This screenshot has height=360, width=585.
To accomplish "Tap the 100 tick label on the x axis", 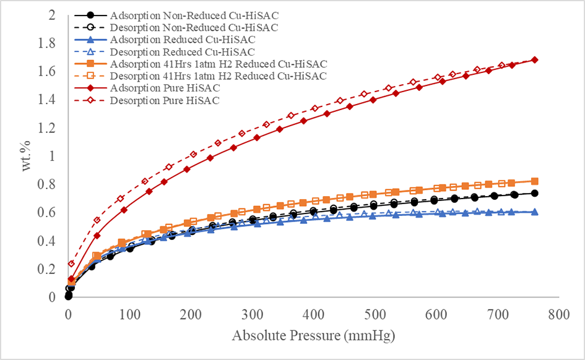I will tap(129, 314).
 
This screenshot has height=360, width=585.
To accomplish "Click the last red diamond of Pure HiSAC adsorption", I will tap(534, 59).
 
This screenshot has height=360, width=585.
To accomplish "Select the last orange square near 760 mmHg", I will tap(534, 181).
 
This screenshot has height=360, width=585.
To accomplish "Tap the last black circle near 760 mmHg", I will tap(534, 193).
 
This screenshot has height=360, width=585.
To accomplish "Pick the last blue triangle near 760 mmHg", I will tap(534, 212).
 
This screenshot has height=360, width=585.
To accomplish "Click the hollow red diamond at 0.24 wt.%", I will tap(71, 264).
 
